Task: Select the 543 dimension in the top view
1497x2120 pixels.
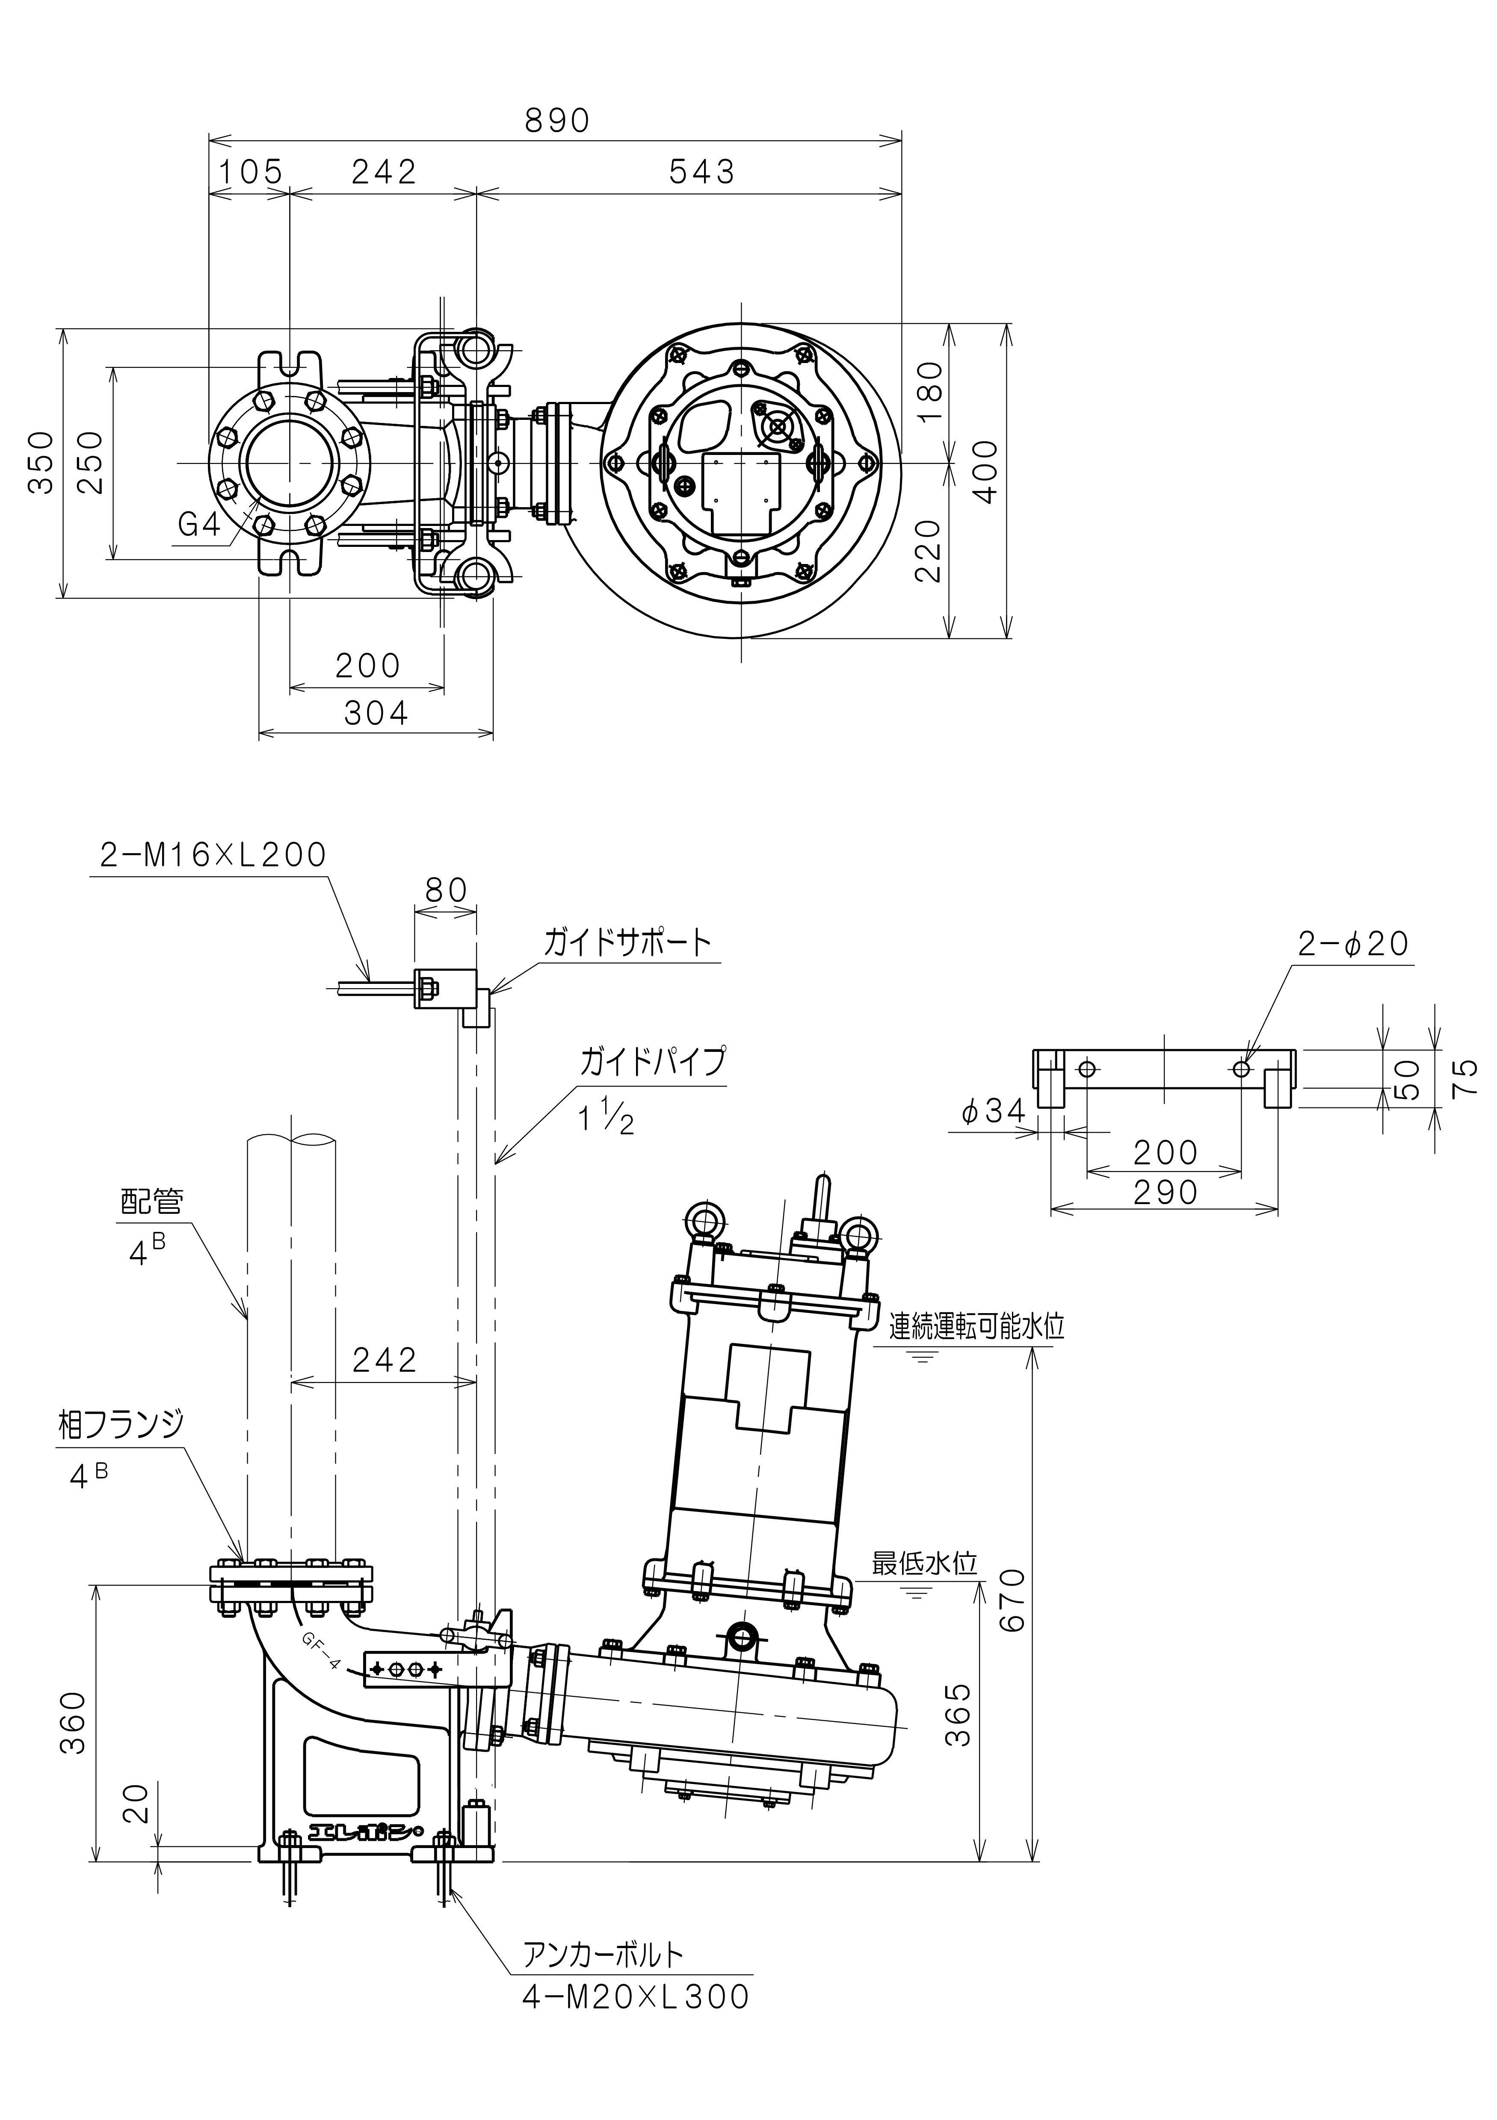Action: click(702, 172)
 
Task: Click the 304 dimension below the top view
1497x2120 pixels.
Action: click(376, 713)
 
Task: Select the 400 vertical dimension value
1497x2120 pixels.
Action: click(986, 471)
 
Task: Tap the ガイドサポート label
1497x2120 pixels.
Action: click(628, 943)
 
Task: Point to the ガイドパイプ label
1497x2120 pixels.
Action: click(652, 1062)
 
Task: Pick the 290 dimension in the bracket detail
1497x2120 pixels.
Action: click(1166, 1193)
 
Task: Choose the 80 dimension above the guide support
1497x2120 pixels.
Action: click(446, 890)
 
